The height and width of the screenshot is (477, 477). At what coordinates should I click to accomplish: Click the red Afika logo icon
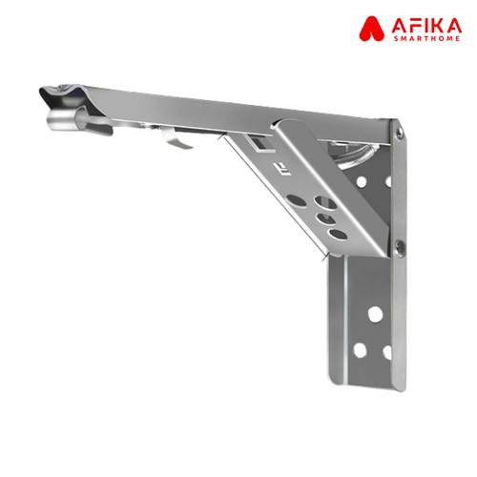click(371, 29)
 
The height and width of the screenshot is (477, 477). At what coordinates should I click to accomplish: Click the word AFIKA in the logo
click(426, 26)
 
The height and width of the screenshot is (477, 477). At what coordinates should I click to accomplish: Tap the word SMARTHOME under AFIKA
click(426, 38)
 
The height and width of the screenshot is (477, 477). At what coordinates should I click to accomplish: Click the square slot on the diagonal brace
click(259, 144)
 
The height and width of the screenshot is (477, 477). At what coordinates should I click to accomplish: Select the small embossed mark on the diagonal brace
click(280, 169)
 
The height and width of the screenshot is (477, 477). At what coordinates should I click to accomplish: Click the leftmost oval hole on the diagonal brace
click(297, 200)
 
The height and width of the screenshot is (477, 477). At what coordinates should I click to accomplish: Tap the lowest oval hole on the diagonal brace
click(338, 235)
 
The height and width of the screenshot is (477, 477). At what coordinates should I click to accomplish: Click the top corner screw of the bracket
click(399, 132)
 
